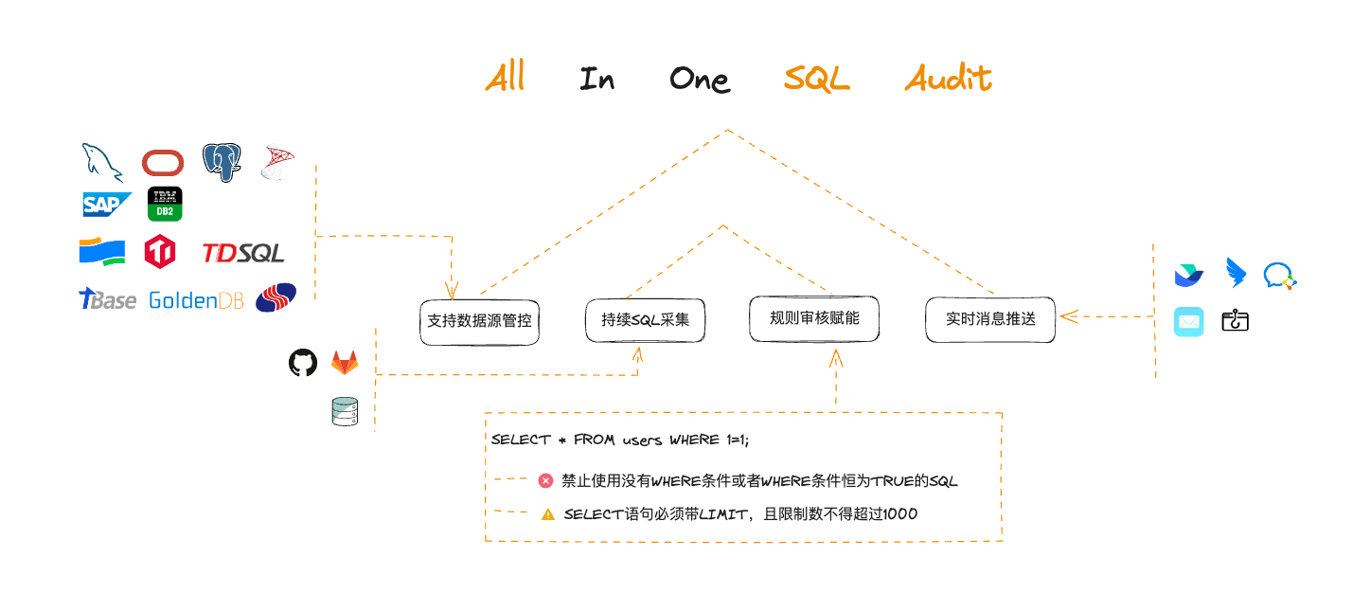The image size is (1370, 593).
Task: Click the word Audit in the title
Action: click(x=948, y=79)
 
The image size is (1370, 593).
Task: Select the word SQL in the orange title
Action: click(x=816, y=80)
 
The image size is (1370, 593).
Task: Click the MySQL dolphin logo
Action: click(x=102, y=162)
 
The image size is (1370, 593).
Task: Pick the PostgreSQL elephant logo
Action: click(x=222, y=162)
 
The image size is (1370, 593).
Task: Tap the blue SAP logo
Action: click(x=106, y=204)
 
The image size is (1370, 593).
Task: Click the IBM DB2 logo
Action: click(x=165, y=204)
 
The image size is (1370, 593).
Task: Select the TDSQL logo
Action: click(x=242, y=253)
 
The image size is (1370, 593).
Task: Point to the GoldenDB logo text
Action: click(x=196, y=300)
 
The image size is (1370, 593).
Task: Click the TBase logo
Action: click(x=107, y=299)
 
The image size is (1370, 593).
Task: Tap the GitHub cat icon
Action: click(x=302, y=363)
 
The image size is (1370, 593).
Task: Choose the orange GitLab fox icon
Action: click(x=345, y=363)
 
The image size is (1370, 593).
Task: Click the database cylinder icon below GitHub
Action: click(x=345, y=411)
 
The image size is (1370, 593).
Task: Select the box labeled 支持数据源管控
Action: click(x=479, y=321)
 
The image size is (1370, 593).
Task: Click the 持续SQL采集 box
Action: click(x=645, y=319)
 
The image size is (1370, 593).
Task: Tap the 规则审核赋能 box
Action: click(x=814, y=318)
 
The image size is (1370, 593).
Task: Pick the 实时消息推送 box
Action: click(x=989, y=319)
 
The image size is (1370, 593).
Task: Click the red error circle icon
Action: click(x=545, y=480)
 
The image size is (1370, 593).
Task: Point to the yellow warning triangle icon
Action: click(x=547, y=514)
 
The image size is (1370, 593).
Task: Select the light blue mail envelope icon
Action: click(x=1189, y=322)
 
